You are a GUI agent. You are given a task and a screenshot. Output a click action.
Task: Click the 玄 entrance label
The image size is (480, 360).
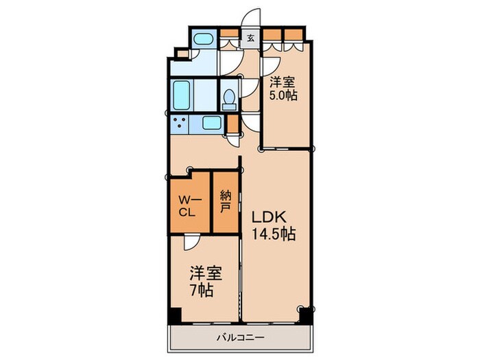251,39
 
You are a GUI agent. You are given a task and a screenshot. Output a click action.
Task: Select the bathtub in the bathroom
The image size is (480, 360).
182,95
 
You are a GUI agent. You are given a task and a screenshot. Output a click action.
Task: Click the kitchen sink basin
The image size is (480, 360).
211,123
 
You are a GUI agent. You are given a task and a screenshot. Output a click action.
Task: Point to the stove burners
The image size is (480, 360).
179,123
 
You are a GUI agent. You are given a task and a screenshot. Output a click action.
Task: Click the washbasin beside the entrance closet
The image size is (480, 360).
203,40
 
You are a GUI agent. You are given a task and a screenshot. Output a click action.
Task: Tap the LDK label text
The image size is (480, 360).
269,217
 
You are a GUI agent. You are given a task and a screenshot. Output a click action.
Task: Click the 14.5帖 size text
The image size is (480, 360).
274,235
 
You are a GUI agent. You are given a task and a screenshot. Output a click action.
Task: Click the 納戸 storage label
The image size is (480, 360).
226,202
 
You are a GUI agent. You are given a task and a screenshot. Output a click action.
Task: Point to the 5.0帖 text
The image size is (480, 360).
283,96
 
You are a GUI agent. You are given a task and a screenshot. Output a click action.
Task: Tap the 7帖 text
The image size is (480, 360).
202,290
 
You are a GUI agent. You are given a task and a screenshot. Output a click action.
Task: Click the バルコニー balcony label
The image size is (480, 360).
240,338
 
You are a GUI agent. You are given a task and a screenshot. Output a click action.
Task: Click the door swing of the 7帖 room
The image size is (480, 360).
192,242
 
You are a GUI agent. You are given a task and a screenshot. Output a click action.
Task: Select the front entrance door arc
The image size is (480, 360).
250,18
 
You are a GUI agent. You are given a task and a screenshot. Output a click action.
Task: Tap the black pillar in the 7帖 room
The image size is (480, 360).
175,315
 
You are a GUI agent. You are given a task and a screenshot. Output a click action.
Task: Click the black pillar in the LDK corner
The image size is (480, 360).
306,315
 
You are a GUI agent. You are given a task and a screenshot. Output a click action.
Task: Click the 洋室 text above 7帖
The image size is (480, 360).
206,274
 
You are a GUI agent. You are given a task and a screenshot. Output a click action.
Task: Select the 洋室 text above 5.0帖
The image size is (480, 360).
282,82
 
